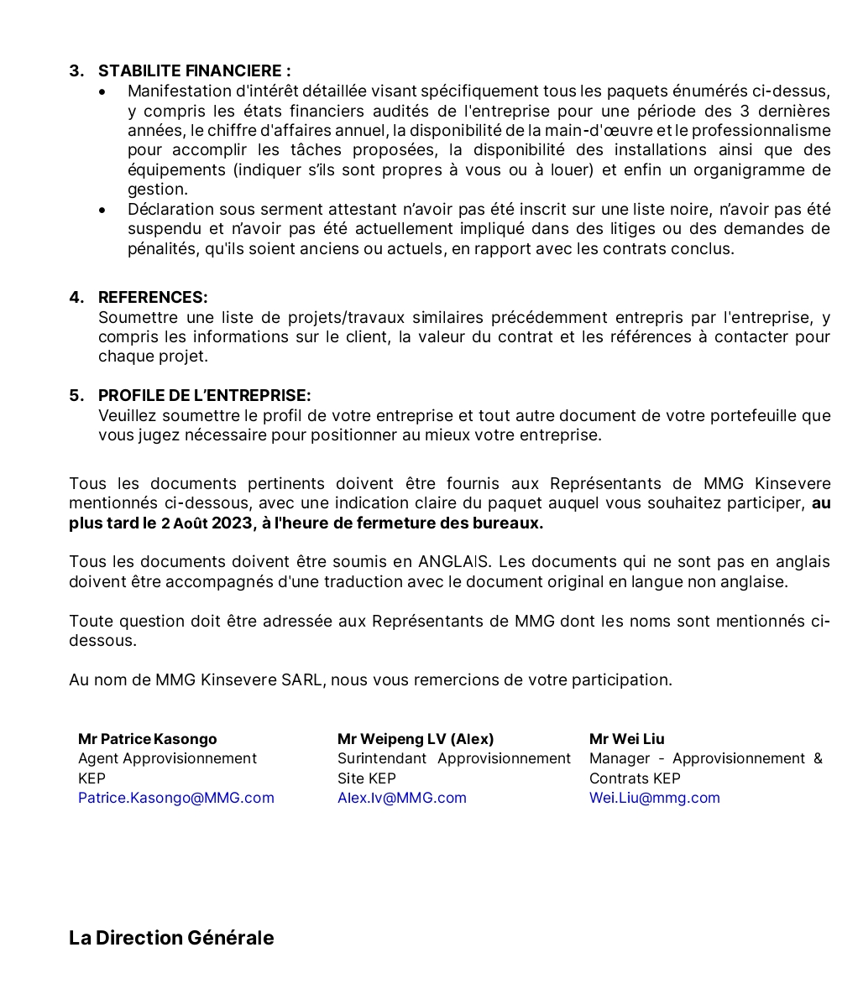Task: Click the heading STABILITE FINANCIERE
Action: coord(194,71)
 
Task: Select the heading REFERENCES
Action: coord(153,298)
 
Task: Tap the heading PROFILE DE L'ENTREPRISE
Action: coord(204,396)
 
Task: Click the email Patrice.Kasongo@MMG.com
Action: coord(176,798)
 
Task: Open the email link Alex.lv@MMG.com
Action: coord(402,798)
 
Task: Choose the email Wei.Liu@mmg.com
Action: coord(655,798)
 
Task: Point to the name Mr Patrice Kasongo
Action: coord(148,739)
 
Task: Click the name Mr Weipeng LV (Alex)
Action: coord(416,739)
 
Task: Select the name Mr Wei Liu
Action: coord(627,739)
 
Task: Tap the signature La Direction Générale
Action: coord(171,938)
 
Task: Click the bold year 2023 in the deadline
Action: coord(232,523)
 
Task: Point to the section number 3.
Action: coord(76,71)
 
